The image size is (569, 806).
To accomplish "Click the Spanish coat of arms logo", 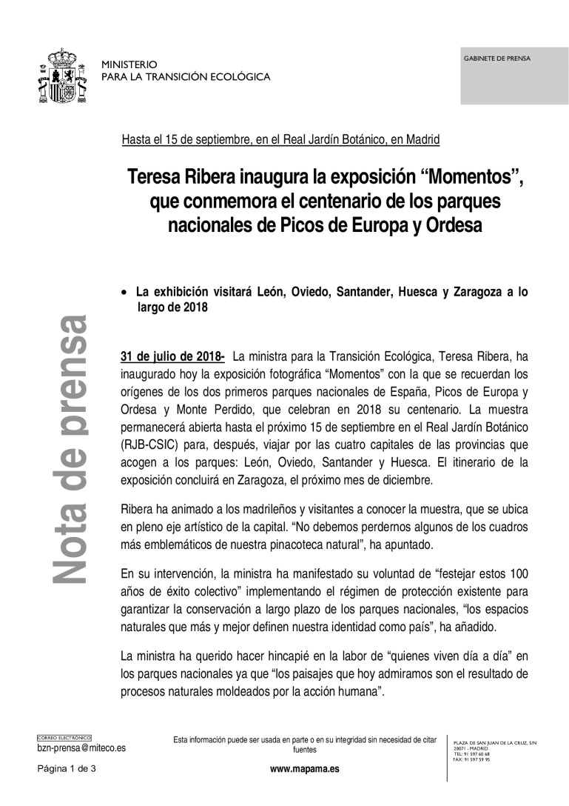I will pos(63,76).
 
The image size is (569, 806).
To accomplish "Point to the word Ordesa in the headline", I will pos(453,225).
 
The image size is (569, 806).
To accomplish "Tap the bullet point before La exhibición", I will pos(124,293).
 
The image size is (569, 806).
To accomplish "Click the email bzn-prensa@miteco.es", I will pos(81,748).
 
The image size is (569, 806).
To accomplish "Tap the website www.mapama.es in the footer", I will pos(305,769).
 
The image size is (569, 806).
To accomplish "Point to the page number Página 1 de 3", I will pos(67,769).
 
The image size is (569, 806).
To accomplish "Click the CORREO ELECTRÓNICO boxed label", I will pos(64,738).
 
